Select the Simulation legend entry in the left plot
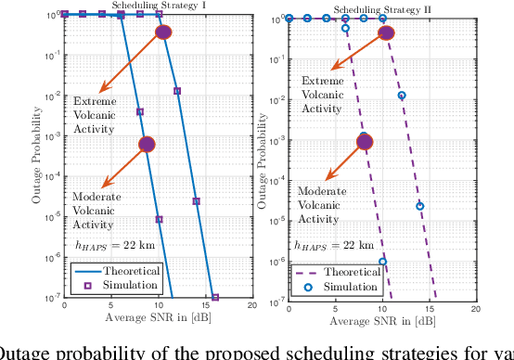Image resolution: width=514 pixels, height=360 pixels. [121, 285]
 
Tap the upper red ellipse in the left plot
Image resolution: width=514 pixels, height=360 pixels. [164, 32]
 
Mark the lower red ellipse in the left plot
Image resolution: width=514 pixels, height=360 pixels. [147, 144]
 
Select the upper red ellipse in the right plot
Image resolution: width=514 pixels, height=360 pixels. [386, 33]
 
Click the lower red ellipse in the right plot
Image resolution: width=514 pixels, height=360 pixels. [365, 142]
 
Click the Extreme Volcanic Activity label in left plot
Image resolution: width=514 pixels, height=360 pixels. [97, 114]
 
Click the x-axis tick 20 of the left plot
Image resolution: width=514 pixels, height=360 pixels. [252, 307]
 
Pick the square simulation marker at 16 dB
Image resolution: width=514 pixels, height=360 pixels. [215, 297]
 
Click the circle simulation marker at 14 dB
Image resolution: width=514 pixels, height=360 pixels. [420, 206]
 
